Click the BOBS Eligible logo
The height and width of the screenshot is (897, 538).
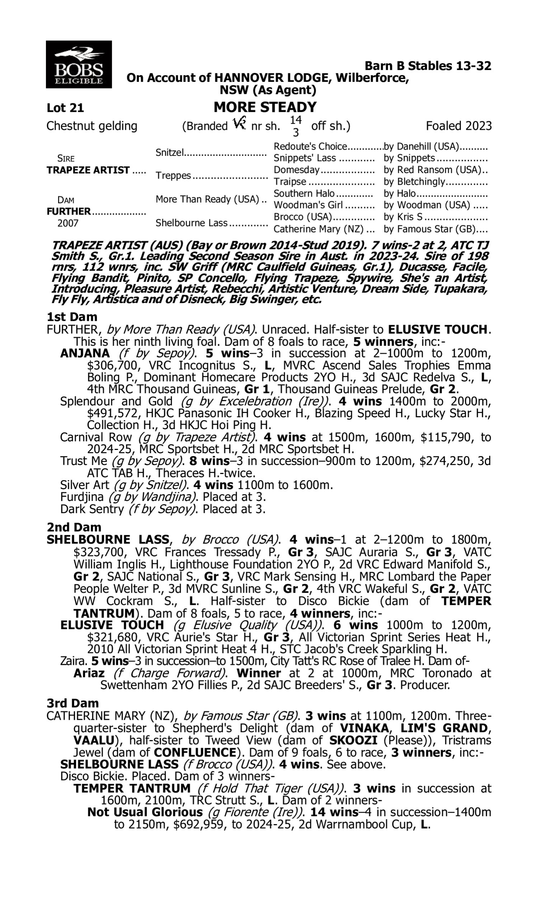[x=79, y=65]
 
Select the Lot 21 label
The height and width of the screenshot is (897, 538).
[x=65, y=108]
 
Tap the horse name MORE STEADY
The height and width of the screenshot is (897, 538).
[x=265, y=107]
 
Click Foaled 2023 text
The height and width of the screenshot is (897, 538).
[x=459, y=126]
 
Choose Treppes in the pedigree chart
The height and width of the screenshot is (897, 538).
[x=173, y=175]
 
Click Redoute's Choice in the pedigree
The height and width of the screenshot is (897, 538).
[x=310, y=146]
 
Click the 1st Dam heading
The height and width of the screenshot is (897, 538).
[x=72, y=317]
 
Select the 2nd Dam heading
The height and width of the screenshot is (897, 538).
[x=74, y=527]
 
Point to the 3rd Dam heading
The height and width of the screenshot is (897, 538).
[x=72, y=703]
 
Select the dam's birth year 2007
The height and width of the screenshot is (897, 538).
[x=68, y=223]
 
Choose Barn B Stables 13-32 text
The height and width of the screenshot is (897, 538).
[x=428, y=66]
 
